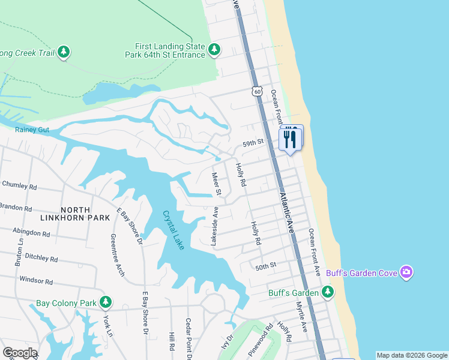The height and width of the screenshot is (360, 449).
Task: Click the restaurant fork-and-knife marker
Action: [291, 139]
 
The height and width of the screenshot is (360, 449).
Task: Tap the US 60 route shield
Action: [257, 91]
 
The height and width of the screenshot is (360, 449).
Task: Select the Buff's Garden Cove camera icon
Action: [407, 273]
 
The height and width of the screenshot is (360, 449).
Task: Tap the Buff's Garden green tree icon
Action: [327, 293]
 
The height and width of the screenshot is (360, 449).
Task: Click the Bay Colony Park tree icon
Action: [106, 302]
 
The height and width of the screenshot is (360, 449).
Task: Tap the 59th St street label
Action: [253, 143]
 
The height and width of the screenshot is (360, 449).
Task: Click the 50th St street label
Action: [265, 265]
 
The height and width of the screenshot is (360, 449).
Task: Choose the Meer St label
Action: [217, 184]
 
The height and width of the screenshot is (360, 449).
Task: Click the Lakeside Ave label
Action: [214, 226]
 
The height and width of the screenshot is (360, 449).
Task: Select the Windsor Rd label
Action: [37, 280]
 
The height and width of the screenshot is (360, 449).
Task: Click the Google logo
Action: [20, 353]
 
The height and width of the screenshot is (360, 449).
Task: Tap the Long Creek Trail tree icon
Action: [64, 53]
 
